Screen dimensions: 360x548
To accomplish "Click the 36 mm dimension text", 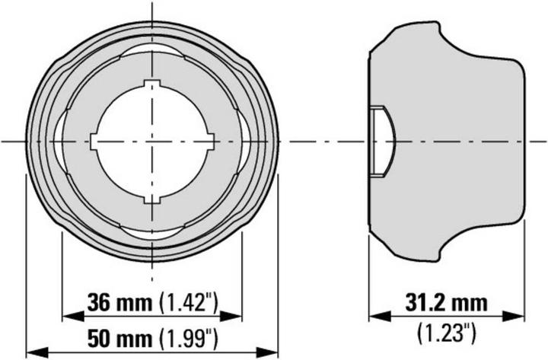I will tap(120, 301).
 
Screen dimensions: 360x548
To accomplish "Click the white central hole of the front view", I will tap(152, 142).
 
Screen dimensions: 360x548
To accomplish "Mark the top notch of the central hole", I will tap(152, 84).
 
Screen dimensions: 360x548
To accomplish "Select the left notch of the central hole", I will tap(94, 142).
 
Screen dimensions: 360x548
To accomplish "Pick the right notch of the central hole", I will tap(210, 142).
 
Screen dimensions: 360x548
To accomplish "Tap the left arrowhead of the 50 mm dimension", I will tap(33, 351).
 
